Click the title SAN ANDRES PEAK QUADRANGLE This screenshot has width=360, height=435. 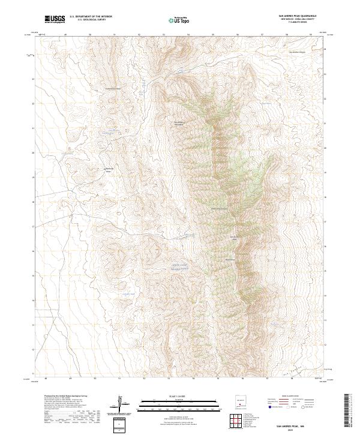(x=297, y=16)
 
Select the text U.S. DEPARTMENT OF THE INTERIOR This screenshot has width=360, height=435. (x=91, y=17)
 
